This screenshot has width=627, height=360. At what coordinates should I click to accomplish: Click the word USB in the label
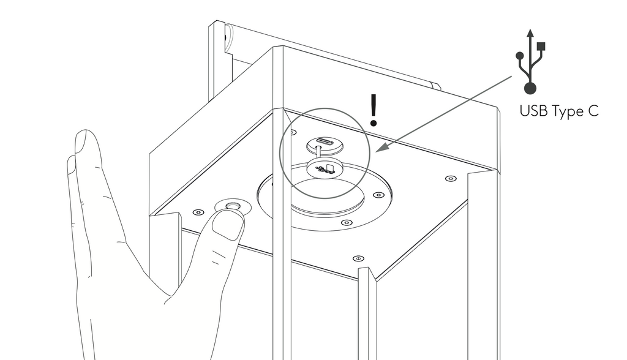tap(533, 111)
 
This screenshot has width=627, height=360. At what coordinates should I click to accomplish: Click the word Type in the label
tap(568, 112)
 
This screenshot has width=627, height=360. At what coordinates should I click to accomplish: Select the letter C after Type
tap(593, 111)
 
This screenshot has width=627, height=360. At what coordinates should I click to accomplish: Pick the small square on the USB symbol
tap(541, 46)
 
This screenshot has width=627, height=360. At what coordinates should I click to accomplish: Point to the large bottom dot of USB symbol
tap(530, 88)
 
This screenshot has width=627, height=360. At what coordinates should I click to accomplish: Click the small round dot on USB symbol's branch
tap(520, 56)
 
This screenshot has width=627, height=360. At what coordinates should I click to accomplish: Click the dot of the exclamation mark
tap(374, 122)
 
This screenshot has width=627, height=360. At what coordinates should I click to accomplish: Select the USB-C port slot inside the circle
tap(325, 141)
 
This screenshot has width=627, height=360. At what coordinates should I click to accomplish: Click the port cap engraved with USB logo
tap(325, 168)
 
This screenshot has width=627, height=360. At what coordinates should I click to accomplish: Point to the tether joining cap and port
tap(318, 154)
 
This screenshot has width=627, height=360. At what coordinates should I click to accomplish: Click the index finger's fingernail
tap(81, 143)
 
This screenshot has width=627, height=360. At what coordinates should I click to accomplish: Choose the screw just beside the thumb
tap(198, 212)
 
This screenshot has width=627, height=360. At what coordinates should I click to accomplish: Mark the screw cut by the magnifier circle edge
tap(293, 132)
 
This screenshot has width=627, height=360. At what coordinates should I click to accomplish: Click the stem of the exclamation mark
tap(374, 105)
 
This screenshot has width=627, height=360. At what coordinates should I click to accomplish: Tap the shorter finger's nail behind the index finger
tap(71, 165)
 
